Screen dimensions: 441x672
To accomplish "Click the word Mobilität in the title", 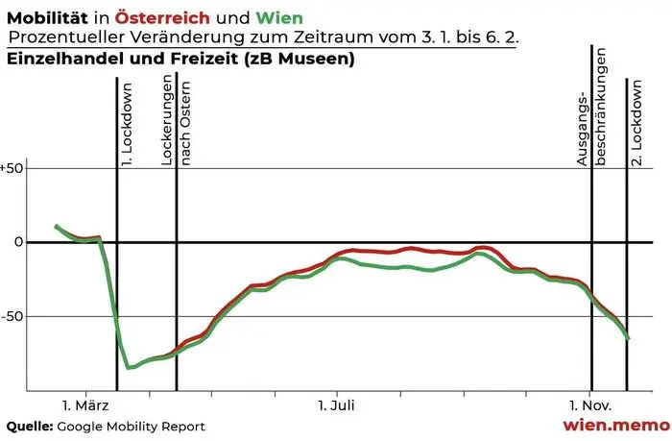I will [x=45, y=16].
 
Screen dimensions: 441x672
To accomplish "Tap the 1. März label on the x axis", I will [x=86, y=406].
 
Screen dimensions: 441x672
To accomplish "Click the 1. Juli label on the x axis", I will [x=336, y=406].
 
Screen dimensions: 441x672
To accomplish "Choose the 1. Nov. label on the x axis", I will [x=587, y=406].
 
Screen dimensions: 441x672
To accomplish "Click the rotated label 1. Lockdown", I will [x=126, y=135].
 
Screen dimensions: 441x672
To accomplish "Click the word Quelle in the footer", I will [x=29, y=426].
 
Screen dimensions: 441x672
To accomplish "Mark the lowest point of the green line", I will [x=129, y=367].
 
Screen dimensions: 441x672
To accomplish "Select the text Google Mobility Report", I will [x=131, y=426].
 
